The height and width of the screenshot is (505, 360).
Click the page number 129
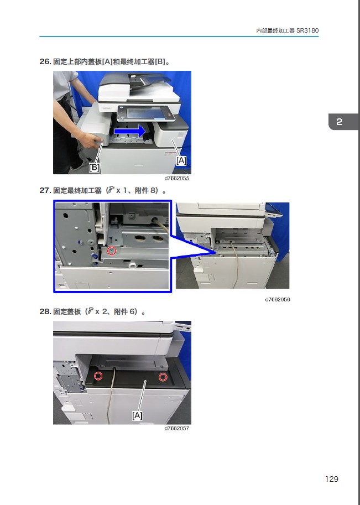coord(332,479)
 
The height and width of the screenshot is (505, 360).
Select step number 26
coord(45,61)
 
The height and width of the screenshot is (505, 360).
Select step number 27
coord(45,190)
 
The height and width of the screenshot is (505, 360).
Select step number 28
coord(45,311)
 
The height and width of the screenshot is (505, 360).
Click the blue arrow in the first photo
coord(131,131)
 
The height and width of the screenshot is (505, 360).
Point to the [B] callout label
coord(94,167)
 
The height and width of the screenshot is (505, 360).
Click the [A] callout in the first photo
coord(181,160)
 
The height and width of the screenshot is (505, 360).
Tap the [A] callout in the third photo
coord(137,415)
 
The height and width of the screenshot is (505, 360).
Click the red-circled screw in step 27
coord(111,251)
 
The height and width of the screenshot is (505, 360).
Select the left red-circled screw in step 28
coord(98,376)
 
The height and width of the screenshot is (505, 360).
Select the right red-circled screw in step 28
coord(163,377)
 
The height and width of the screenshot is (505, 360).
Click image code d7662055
coord(176,178)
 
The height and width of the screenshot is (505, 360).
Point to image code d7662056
coord(278,300)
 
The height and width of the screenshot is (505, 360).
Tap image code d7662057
coord(176,428)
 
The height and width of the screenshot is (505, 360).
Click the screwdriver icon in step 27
coord(111,190)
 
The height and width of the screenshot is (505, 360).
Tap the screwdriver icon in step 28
coord(91,311)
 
